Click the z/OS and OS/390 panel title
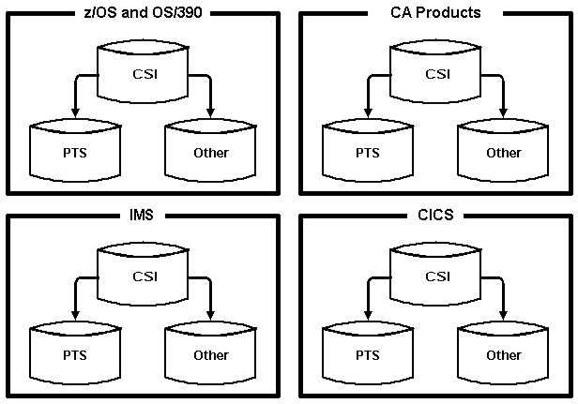143,13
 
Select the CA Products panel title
435,13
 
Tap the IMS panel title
143,216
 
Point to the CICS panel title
435,216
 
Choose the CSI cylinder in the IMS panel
143,275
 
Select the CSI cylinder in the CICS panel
435,275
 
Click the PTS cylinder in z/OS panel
75,150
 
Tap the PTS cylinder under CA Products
368,150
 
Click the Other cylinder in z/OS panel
211,150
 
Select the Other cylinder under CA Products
504,150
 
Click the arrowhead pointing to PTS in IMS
75,313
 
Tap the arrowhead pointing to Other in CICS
504,313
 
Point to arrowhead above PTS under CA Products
368,111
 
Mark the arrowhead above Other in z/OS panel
211,111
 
